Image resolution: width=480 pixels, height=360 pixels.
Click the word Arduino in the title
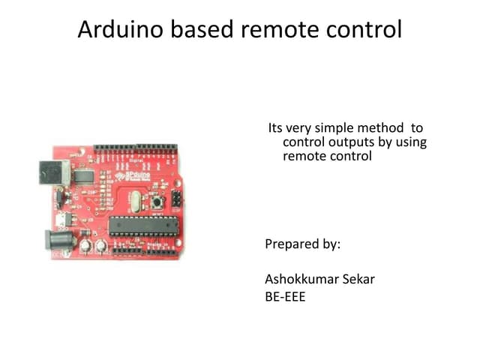point(120,29)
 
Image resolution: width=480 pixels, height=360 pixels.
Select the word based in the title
point(202,29)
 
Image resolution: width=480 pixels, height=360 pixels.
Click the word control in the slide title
point(364,29)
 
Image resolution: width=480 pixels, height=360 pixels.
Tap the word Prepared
point(292,244)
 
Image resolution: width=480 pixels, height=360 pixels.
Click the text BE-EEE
point(285,297)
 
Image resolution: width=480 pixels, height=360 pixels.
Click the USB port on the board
point(55,173)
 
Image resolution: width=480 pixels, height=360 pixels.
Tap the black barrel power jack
point(59,240)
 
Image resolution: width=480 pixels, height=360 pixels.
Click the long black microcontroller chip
point(143,226)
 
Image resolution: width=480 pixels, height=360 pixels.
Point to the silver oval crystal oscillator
point(135,202)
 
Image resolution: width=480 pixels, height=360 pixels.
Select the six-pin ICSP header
point(176,199)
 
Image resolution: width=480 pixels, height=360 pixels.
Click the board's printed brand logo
point(133,176)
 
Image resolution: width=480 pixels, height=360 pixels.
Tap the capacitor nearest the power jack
point(85,246)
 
